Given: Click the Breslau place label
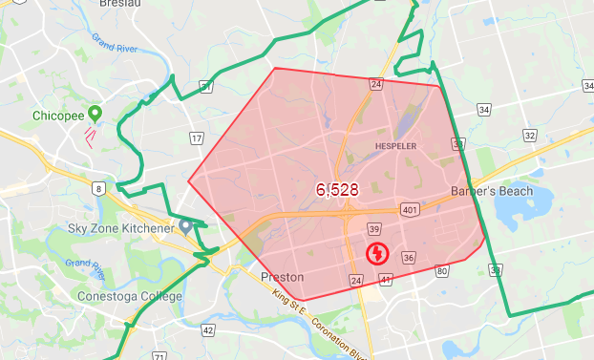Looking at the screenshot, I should (120, 4).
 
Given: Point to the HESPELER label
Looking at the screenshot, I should (398, 146).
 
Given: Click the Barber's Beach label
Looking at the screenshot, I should (490, 191).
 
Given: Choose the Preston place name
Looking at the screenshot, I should (282, 277).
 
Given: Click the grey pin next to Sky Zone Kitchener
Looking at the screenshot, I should (185, 226).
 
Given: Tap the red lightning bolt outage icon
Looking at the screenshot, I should (377, 254).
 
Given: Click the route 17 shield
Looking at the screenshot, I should (196, 138).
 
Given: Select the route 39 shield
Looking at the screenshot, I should (374, 229).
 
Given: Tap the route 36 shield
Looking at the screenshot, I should (408, 258).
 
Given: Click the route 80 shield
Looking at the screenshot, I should (441, 272).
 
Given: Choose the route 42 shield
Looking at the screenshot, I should (208, 329).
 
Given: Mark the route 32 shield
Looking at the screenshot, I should (530, 136).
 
